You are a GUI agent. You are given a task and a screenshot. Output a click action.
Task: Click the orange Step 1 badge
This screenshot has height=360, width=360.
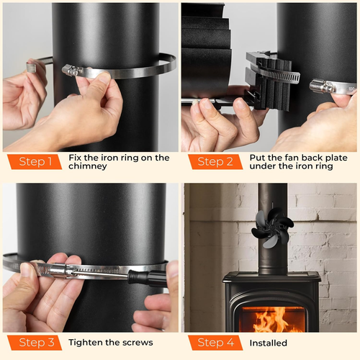coord(35,162)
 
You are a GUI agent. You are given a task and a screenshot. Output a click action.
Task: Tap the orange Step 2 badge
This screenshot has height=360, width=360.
coord(215,162)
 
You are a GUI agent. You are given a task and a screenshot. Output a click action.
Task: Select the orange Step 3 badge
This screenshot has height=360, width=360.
coord(35,343)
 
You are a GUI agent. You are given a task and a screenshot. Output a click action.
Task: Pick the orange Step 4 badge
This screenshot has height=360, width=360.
coord(215,343)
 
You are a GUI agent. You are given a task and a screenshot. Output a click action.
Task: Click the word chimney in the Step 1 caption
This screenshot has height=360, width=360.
coord(88,166)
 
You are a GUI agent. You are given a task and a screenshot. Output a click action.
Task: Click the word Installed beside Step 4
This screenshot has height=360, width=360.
coord(269,343)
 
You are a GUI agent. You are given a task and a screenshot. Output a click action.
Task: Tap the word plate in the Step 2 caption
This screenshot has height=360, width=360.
coord(336,158)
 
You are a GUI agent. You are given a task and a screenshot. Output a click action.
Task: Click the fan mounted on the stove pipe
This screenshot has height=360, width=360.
coord(272,228)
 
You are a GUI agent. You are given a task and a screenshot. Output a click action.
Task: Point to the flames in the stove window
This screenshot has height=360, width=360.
coord(273,319)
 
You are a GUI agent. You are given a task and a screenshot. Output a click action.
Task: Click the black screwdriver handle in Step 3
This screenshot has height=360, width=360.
coord(146,277)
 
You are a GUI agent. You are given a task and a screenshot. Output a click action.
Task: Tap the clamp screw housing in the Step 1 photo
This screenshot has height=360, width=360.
coord(72,71)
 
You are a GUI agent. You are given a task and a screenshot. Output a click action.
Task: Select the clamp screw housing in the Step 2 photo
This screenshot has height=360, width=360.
coord(322,86)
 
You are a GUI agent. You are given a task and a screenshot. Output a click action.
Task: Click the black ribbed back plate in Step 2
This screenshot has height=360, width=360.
coord(269,81)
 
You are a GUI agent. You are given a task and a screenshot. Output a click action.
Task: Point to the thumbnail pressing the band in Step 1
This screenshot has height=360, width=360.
coord(104,77)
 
